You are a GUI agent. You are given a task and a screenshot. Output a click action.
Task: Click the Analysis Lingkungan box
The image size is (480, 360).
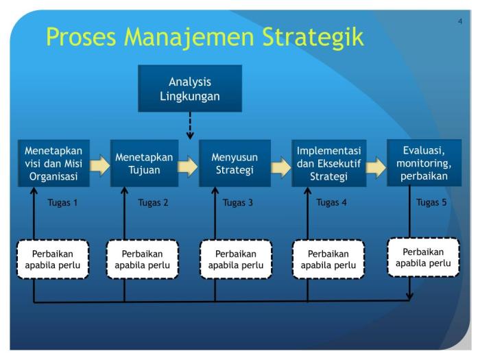tap(190, 88)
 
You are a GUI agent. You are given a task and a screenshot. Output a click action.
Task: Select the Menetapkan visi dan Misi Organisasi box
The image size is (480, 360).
tap(53, 163)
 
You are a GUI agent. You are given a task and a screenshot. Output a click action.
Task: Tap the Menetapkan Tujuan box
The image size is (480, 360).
tap(144, 163)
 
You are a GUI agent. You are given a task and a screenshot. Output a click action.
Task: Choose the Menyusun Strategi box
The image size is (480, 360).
tap(235, 163)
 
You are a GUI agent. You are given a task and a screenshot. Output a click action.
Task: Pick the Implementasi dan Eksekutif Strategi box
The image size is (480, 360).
tap(328, 163)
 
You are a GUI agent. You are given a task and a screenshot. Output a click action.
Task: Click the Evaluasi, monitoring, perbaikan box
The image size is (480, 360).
tap(423, 163)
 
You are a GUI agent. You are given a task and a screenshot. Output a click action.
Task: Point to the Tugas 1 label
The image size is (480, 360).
tap(62, 202)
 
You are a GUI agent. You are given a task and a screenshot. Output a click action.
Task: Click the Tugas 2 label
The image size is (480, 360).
tap(153, 202)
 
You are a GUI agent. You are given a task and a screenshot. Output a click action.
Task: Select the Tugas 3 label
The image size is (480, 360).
tap(237, 202)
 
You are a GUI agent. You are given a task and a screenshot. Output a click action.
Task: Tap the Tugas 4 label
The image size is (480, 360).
tap(331, 202)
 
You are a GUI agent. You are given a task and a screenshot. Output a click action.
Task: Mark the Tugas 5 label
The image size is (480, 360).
tap(431, 202)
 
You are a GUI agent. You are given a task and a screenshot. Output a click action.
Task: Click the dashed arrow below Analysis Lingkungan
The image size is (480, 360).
tap(190, 125)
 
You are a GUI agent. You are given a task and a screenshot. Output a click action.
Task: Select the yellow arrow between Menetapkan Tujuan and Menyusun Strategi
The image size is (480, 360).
tap(188, 166)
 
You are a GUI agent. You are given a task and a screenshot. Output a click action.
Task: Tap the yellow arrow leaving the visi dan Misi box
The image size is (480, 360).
tap(99, 165)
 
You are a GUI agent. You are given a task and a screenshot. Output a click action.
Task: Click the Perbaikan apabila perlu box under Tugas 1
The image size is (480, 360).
tap(53, 259)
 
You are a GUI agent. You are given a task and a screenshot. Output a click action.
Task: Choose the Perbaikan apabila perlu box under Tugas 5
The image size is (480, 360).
tap(423, 257)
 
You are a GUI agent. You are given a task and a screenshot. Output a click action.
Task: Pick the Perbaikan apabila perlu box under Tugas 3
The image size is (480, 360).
tap(235, 259)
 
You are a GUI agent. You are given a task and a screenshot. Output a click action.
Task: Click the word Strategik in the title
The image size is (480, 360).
tap(311, 37)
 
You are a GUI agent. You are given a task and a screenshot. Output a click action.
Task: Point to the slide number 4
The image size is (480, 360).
tap(460, 22)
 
